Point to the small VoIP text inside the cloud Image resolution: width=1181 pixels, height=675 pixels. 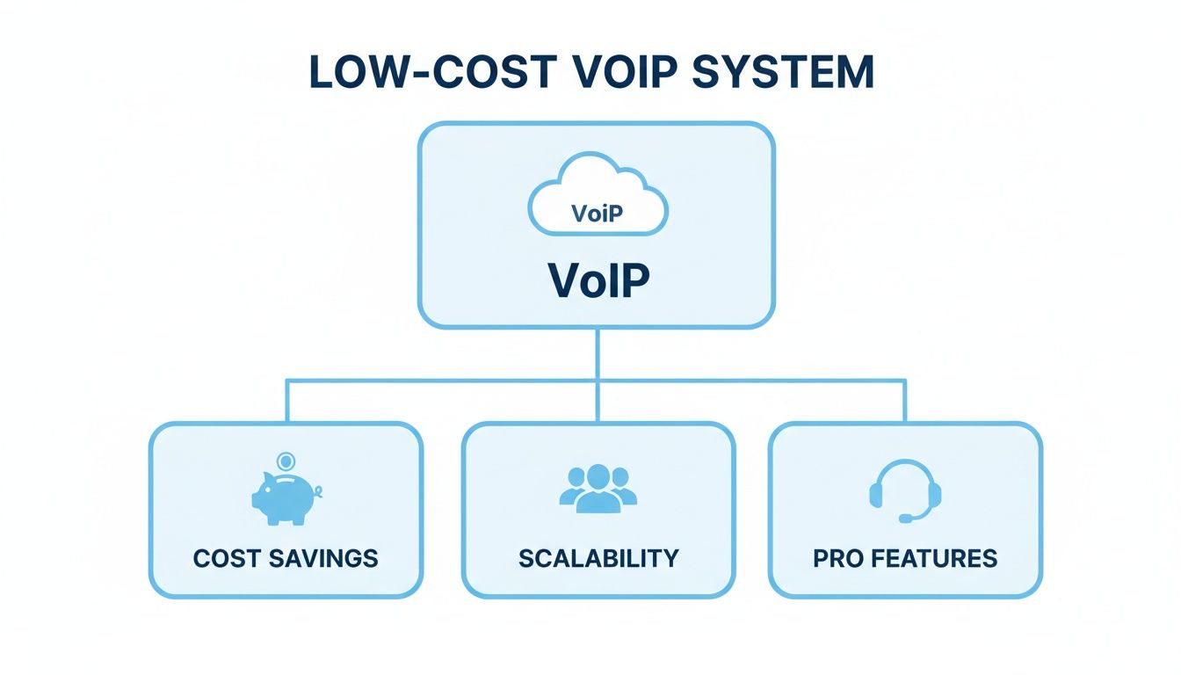coord(598,214)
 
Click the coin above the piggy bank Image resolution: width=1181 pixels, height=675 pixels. coord(285,461)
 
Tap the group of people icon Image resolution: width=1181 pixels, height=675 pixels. coord(598,488)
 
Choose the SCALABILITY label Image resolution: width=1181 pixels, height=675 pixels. coord(598,558)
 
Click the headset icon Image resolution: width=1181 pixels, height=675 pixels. coord(905,489)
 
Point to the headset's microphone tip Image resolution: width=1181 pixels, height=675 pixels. coord(904,519)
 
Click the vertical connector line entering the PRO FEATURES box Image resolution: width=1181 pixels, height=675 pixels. coord(905,402)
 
